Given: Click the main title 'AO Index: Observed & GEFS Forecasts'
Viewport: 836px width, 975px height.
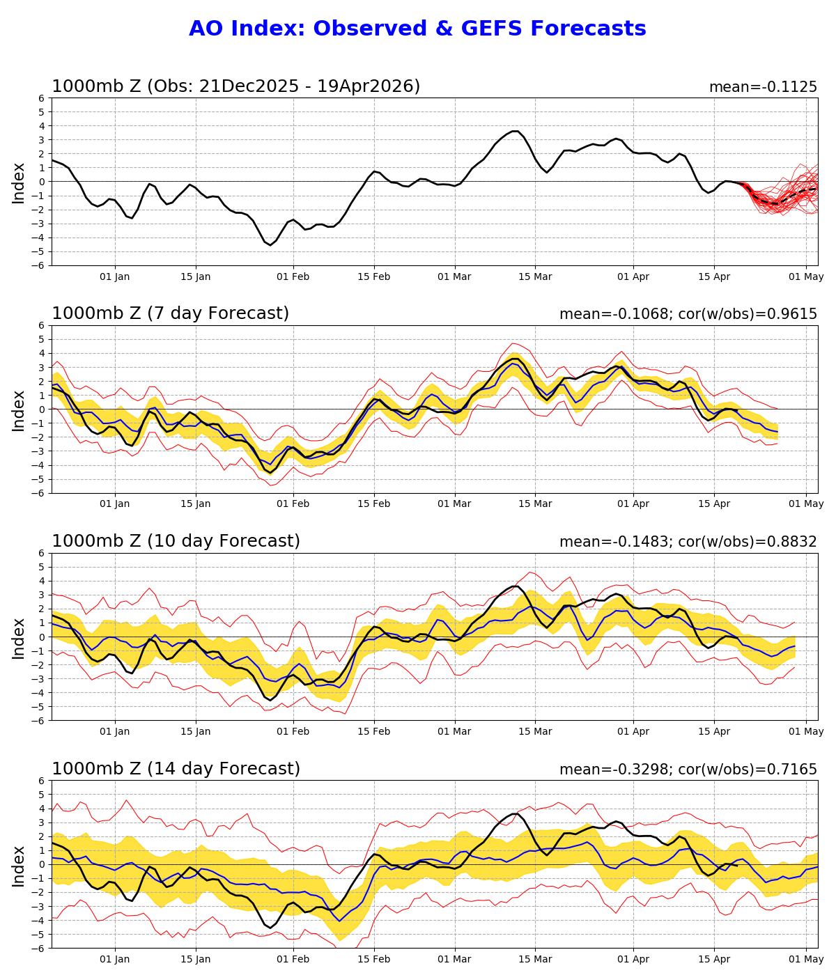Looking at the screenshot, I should click(417, 29).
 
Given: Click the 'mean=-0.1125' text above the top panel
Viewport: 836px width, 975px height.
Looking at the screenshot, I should click(763, 87).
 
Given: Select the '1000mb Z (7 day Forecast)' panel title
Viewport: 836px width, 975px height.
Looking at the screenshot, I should click(170, 314).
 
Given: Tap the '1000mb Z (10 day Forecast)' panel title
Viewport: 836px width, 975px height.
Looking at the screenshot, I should click(176, 541).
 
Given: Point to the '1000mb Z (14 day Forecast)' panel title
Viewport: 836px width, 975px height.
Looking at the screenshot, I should click(176, 769).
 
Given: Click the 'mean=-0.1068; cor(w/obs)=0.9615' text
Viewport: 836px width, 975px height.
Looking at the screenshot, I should click(688, 314).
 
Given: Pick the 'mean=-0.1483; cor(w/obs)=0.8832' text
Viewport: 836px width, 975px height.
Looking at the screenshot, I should click(688, 542).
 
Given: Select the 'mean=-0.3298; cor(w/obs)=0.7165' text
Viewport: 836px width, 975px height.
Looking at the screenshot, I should click(688, 770).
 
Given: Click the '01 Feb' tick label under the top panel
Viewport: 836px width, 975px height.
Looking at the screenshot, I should click(293, 276).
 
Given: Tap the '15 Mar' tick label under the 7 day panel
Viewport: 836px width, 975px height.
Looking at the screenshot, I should click(536, 504).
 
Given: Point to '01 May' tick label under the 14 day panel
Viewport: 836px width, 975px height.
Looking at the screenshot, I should click(806, 959).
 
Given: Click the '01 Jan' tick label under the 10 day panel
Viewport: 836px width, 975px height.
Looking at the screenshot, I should click(115, 731).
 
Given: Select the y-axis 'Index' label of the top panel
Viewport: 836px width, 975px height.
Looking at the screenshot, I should click(19, 182).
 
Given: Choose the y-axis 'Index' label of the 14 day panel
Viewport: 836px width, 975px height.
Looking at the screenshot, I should click(19, 865).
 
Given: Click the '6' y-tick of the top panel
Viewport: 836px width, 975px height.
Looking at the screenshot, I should click(42, 98).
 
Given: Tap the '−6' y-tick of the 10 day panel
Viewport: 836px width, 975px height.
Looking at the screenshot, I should click(39, 720).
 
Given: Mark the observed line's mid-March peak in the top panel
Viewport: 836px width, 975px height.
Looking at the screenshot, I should click(515, 131).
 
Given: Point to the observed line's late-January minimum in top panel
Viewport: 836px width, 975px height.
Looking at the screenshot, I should click(270, 245).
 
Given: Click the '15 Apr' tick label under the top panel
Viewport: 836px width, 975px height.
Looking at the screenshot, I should click(714, 276).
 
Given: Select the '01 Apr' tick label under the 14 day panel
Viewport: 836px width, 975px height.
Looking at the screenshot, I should click(633, 959).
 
